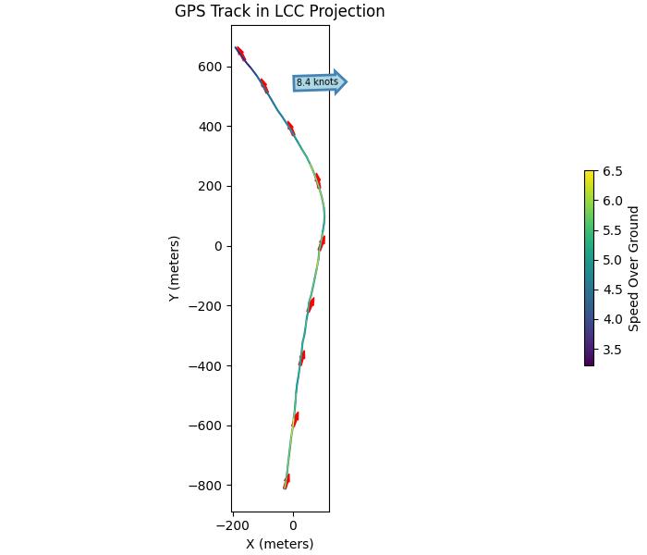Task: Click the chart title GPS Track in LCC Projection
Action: (x=279, y=12)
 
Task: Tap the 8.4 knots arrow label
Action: (x=317, y=82)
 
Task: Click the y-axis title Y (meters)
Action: (x=174, y=268)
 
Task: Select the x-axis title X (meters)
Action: (x=279, y=544)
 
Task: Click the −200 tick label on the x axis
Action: (x=231, y=525)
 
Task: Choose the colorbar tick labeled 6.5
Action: (x=612, y=171)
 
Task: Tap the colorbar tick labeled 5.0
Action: (x=612, y=260)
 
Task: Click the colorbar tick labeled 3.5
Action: (x=612, y=350)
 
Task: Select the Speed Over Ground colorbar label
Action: (x=634, y=268)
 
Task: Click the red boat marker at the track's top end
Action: (x=240, y=54)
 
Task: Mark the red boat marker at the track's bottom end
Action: (x=287, y=481)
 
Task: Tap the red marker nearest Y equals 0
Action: (x=322, y=242)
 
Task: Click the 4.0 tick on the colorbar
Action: (x=612, y=320)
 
